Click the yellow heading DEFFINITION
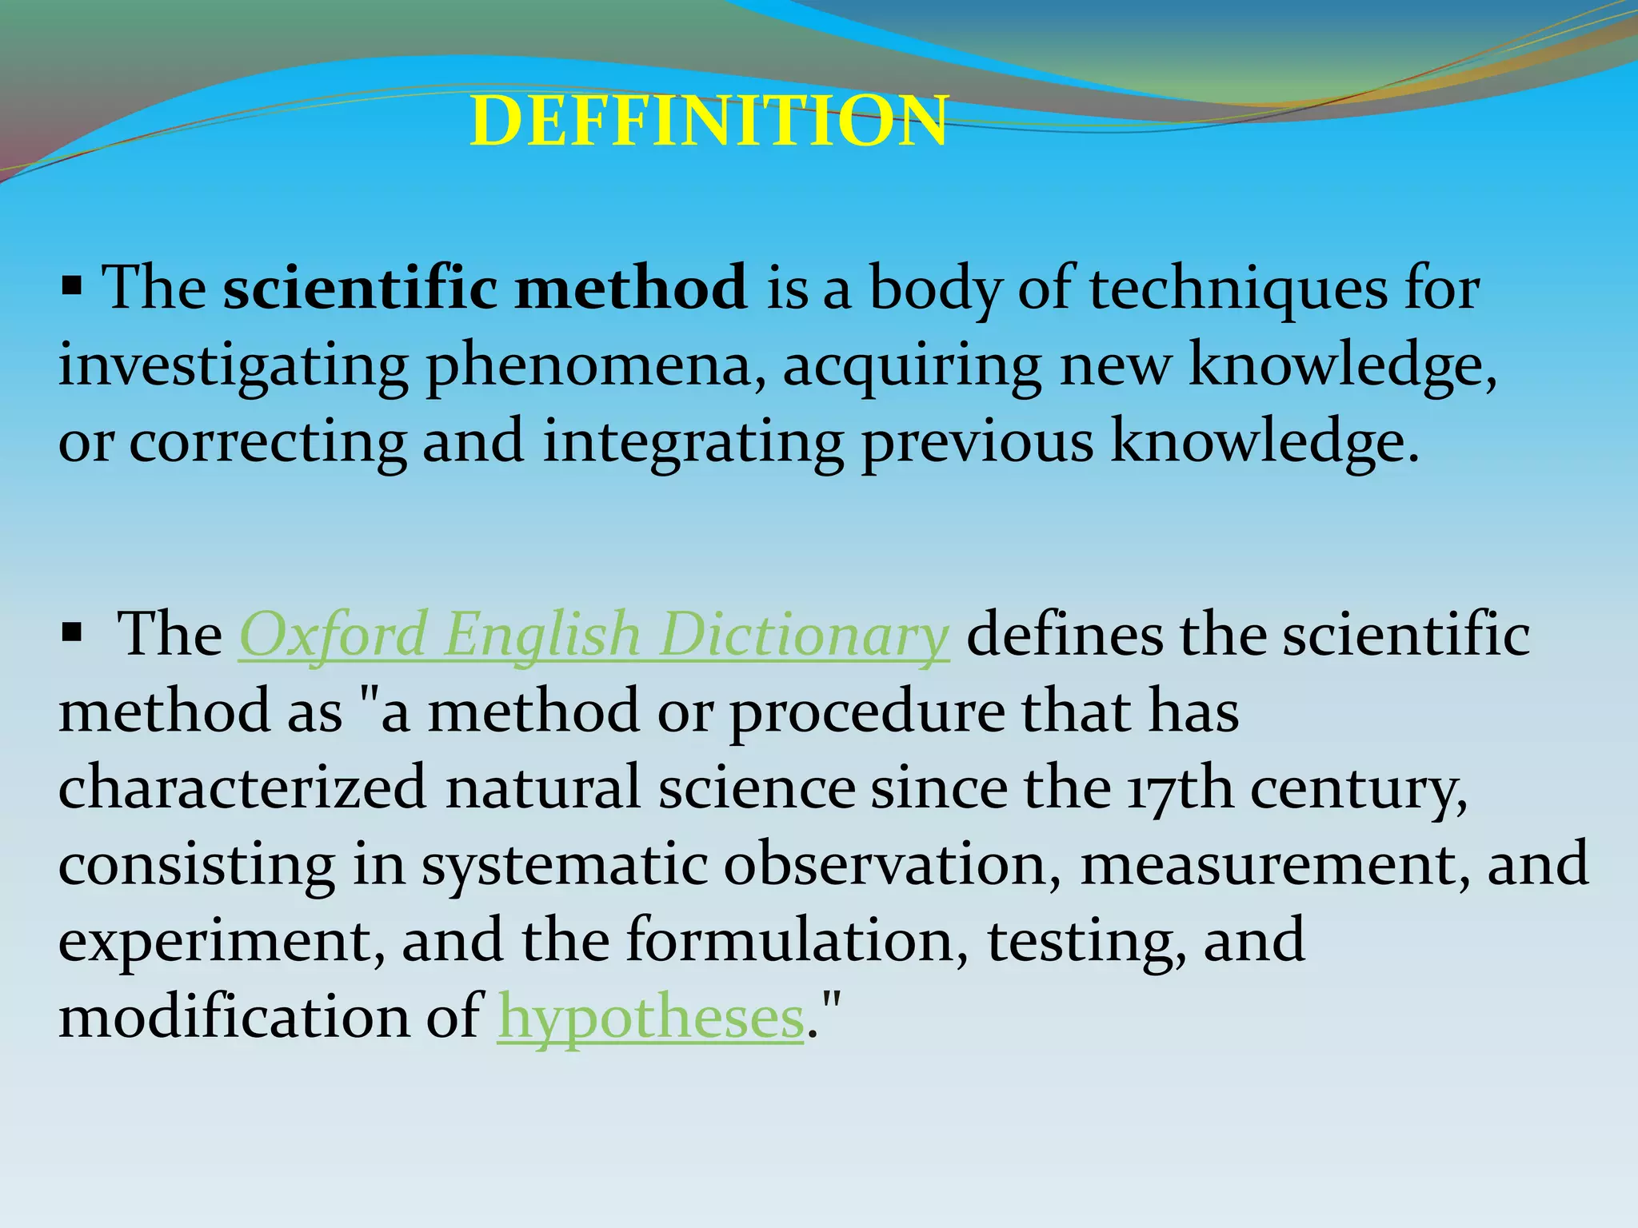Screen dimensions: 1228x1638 709,122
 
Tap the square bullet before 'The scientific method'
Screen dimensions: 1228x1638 72,285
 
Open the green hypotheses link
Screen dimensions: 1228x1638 650,1018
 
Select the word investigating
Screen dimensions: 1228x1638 233,366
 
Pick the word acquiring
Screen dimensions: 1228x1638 912,366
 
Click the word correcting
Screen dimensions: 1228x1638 267,443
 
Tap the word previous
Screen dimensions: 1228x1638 977,443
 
